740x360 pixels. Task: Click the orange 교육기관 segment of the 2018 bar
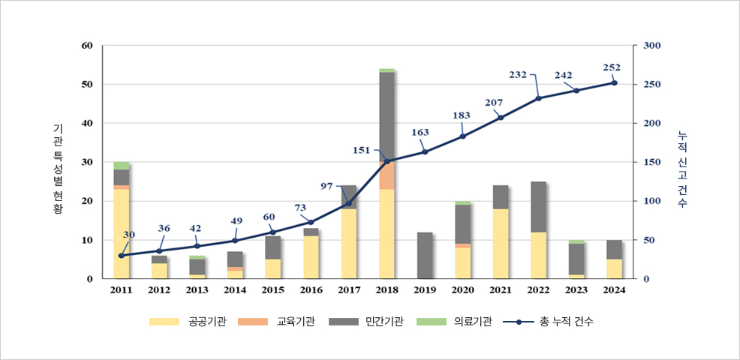(x=387, y=177)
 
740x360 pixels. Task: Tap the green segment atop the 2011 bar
(x=121, y=166)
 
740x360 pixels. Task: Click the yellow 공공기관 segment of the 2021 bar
(x=501, y=244)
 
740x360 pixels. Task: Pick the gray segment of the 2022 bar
(x=539, y=207)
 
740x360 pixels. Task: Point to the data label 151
(x=362, y=150)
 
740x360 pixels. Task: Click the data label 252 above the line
(x=612, y=67)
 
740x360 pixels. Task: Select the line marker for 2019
(x=425, y=152)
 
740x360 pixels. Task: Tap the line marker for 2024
(x=614, y=82)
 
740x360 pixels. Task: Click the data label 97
(x=326, y=186)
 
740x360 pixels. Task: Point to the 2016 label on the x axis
(x=311, y=290)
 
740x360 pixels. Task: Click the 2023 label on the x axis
(x=576, y=290)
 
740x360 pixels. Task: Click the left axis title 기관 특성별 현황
(x=59, y=169)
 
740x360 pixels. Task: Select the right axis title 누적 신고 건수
(x=681, y=169)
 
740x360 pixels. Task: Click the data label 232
(x=518, y=74)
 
